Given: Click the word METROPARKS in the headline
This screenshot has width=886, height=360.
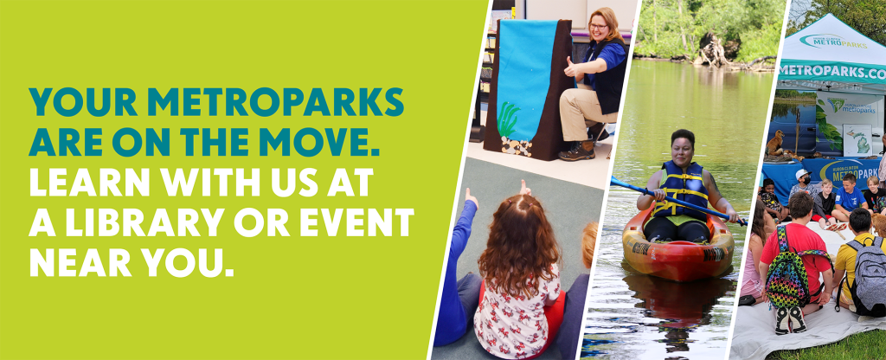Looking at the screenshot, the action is click(x=276, y=102).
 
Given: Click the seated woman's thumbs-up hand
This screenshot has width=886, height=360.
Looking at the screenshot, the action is click(x=571, y=67).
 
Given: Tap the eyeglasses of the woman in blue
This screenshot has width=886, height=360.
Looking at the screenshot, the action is click(x=597, y=26).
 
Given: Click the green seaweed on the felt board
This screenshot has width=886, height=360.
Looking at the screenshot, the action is click(x=507, y=120).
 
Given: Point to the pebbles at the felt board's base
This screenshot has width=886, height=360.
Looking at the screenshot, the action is click(x=516, y=146).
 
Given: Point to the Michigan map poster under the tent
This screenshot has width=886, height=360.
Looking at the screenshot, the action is click(x=857, y=140).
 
